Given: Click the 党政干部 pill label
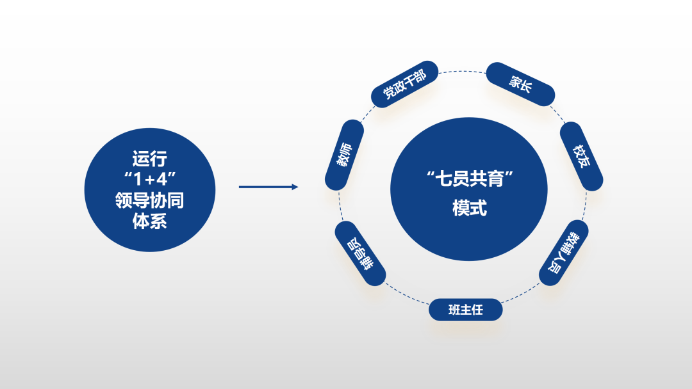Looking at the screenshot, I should [x=404, y=84].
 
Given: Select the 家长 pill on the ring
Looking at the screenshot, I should [x=520, y=84].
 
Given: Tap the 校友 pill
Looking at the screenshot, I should [x=581, y=156].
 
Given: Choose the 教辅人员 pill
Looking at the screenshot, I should [x=564, y=252].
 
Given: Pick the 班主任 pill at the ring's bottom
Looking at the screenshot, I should [x=465, y=310].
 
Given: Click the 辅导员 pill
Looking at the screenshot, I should [x=360, y=253].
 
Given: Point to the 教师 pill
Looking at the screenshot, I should [x=345, y=155].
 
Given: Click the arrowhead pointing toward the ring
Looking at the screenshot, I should [x=294, y=187].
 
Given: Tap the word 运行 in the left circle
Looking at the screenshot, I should [x=149, y=157].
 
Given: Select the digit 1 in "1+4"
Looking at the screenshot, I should [x=136, y=179].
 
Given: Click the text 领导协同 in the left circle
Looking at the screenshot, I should [x=149, y=201].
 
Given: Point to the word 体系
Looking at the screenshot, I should [x=149, y=222].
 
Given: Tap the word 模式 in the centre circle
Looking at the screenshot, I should [x=469, y=209].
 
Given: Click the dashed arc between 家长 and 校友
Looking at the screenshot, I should [x=557, y=112].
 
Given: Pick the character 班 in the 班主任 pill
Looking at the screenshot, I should [x=454, y=310].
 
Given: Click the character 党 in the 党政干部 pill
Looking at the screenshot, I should [x=389, y=93].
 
